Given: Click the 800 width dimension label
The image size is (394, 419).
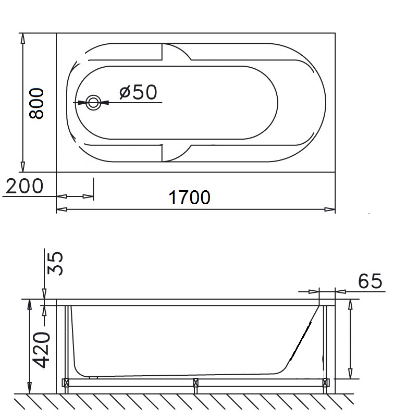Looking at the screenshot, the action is click(x=36, y=103).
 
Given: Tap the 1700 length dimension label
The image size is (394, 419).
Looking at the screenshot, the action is click(x=189, y=197).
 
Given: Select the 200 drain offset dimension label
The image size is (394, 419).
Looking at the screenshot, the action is click(x=24, y=186).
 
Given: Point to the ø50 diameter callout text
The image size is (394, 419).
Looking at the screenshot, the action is click(x=138, y=92).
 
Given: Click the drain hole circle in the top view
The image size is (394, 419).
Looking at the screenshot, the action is click(x=93, y=102).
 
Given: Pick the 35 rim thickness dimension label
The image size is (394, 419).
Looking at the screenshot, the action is click(x=55, y=263).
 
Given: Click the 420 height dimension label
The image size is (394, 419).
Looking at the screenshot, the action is click(x=41, y=350).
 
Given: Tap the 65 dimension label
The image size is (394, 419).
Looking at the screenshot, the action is click(x=370, y=281).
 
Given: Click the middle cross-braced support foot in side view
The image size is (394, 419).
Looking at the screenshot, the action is click(x=195, y=383).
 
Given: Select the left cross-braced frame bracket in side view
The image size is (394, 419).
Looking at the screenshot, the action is click(x=66, y=383).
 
